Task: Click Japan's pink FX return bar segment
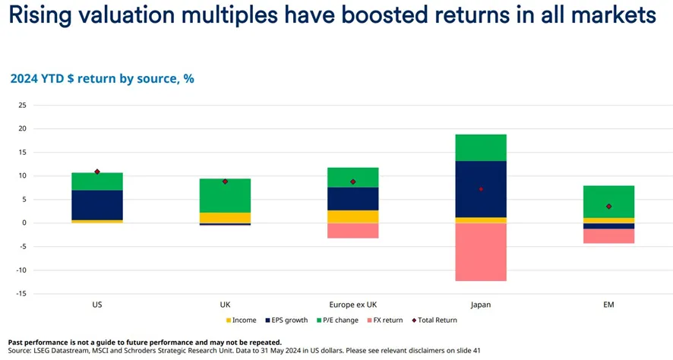click(x=481, y=251)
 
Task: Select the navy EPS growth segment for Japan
click(x=481, y=189)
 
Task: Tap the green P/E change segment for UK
click(x=225, y=195)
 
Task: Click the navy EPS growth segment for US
click(x=97, y=205)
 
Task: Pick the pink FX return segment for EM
click(x=608, y=235)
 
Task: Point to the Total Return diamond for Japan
click(x=481, y=189)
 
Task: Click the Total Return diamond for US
click(x=97, y=172)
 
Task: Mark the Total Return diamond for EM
click(x=608, y=206)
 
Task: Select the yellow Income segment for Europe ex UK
click(x=353, y=216)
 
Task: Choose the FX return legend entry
click(x=386, y=321)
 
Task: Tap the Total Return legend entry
click(x=434, y=321)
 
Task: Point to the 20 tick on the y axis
click(x=23, y=129)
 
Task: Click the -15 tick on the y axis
click(x=21, y=294)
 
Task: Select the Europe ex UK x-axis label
click(x=353, y=305)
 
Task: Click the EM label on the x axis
click(x=608, y=305)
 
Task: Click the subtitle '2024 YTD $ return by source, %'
click(x=102, y=77)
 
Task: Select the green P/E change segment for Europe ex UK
click(x=353, y=177)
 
